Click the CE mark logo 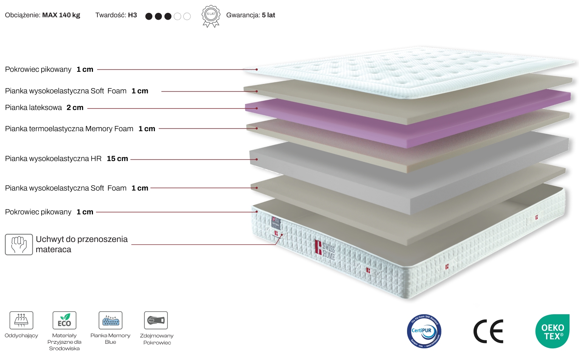click(x=488, y=331)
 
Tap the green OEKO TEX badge click(x=552, y=331)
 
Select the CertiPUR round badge click(x=424, y=331)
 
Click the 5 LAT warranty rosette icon click(x=211, y=16)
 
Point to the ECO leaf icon click(x=64, y=320)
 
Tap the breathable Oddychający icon click(x=21, y=320)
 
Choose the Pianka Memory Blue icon click(x=110, y=320)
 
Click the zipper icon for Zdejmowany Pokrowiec click(x=156, y=320)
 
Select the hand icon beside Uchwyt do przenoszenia click(x=19, y=244)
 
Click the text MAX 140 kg click(x=61, y=15)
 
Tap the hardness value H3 click(x=132, y=15)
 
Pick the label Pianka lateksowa click(x=33, y=108)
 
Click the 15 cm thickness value click(x=117, y=159)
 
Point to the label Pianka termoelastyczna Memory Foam click(x=69, y=129)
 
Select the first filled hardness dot click(x=149, y=16)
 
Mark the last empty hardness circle click(x=187, y=16)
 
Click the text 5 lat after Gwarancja click(x=268, y=15)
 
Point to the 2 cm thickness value click(x=75, y=108)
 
